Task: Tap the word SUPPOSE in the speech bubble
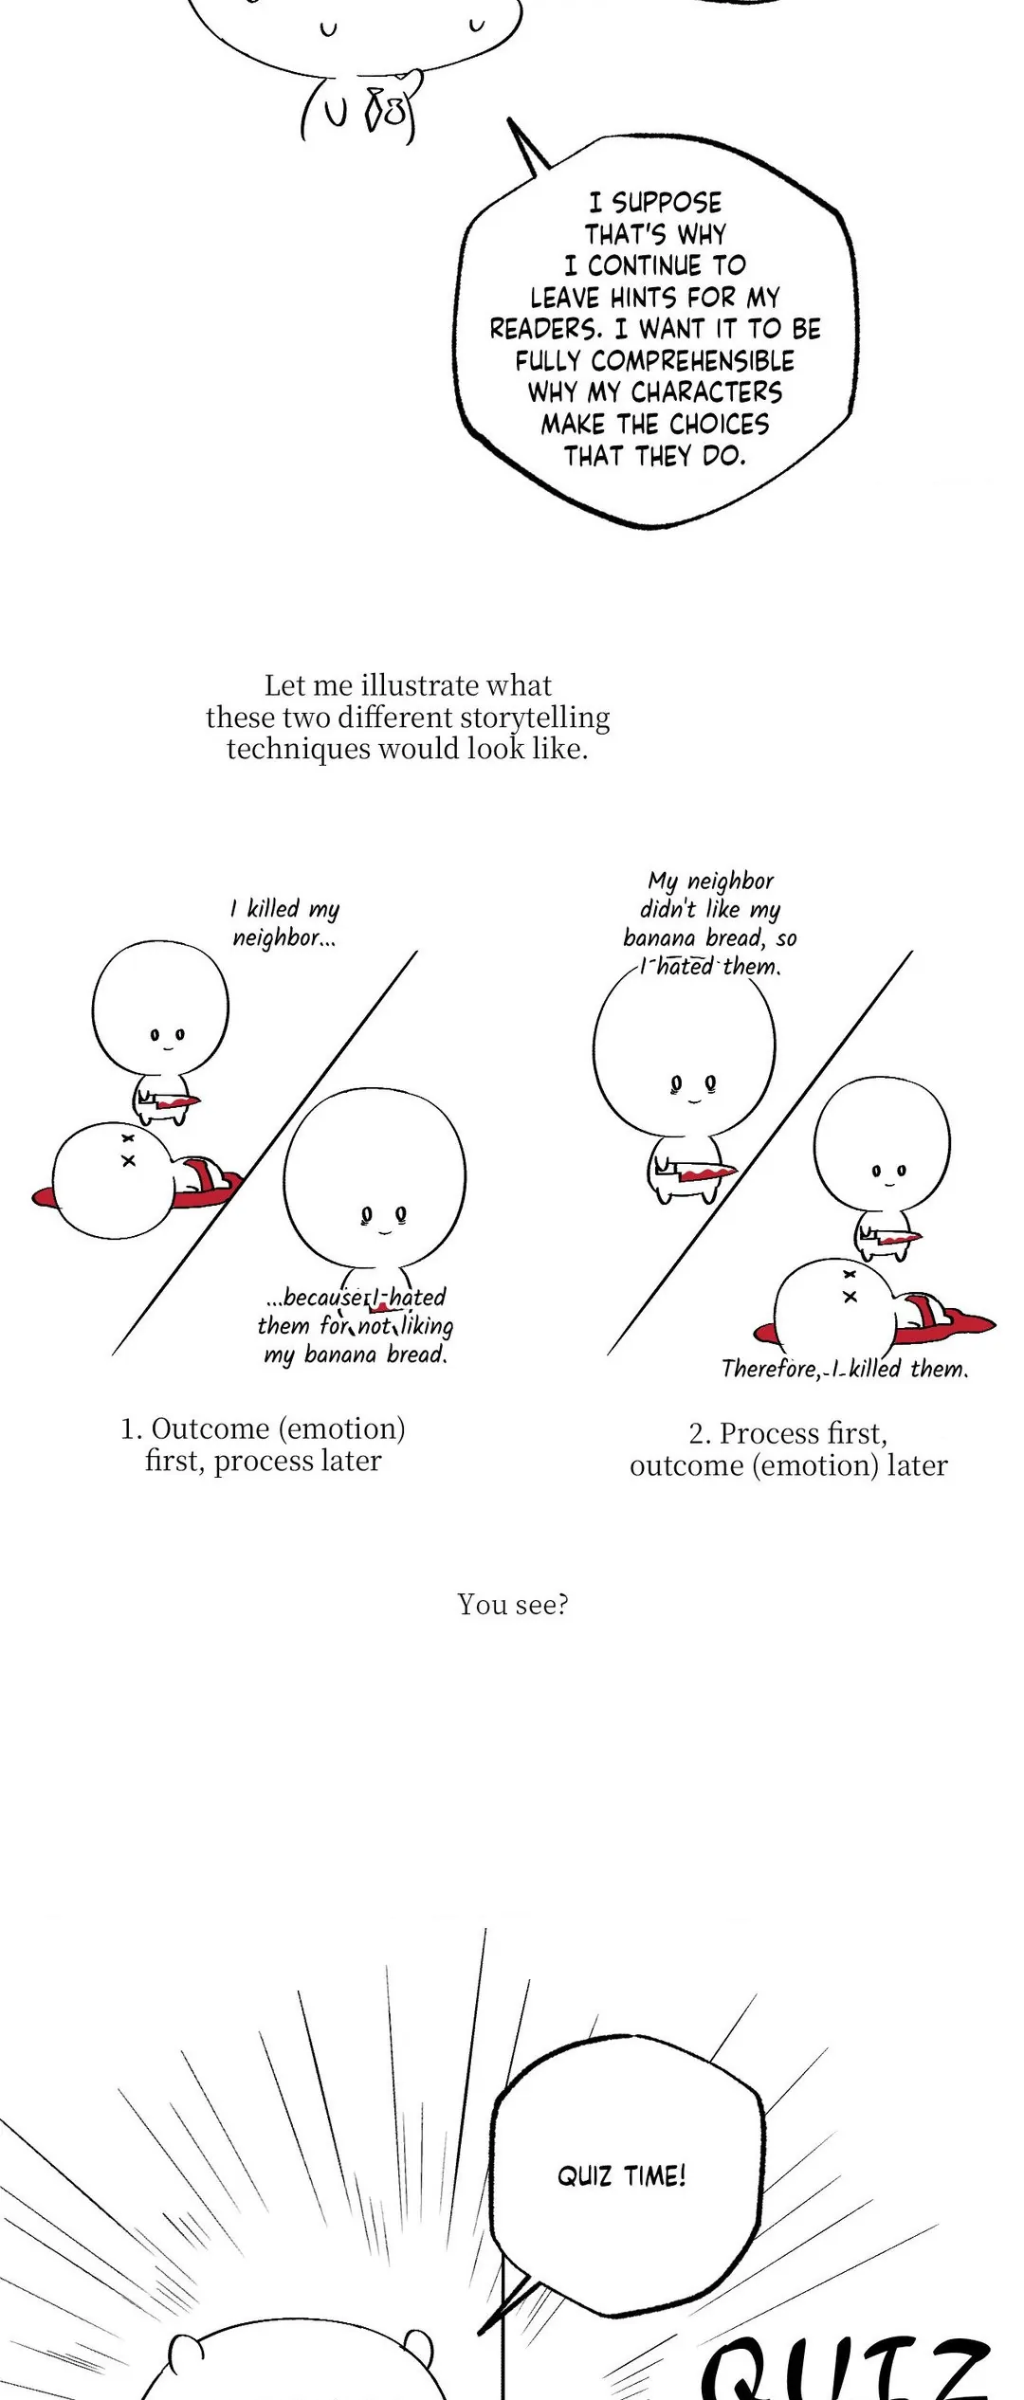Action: (667, 203)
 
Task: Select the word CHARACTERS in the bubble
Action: (706, 392)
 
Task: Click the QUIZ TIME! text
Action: (621, 2175)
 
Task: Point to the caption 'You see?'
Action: (513, 1604)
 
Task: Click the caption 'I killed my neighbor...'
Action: (284, 923)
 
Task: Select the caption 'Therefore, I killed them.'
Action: (845, 1369)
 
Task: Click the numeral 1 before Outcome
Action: (129, 1429)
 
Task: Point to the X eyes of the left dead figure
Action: (128, 1149)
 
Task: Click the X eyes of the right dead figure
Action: (850, 1285)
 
